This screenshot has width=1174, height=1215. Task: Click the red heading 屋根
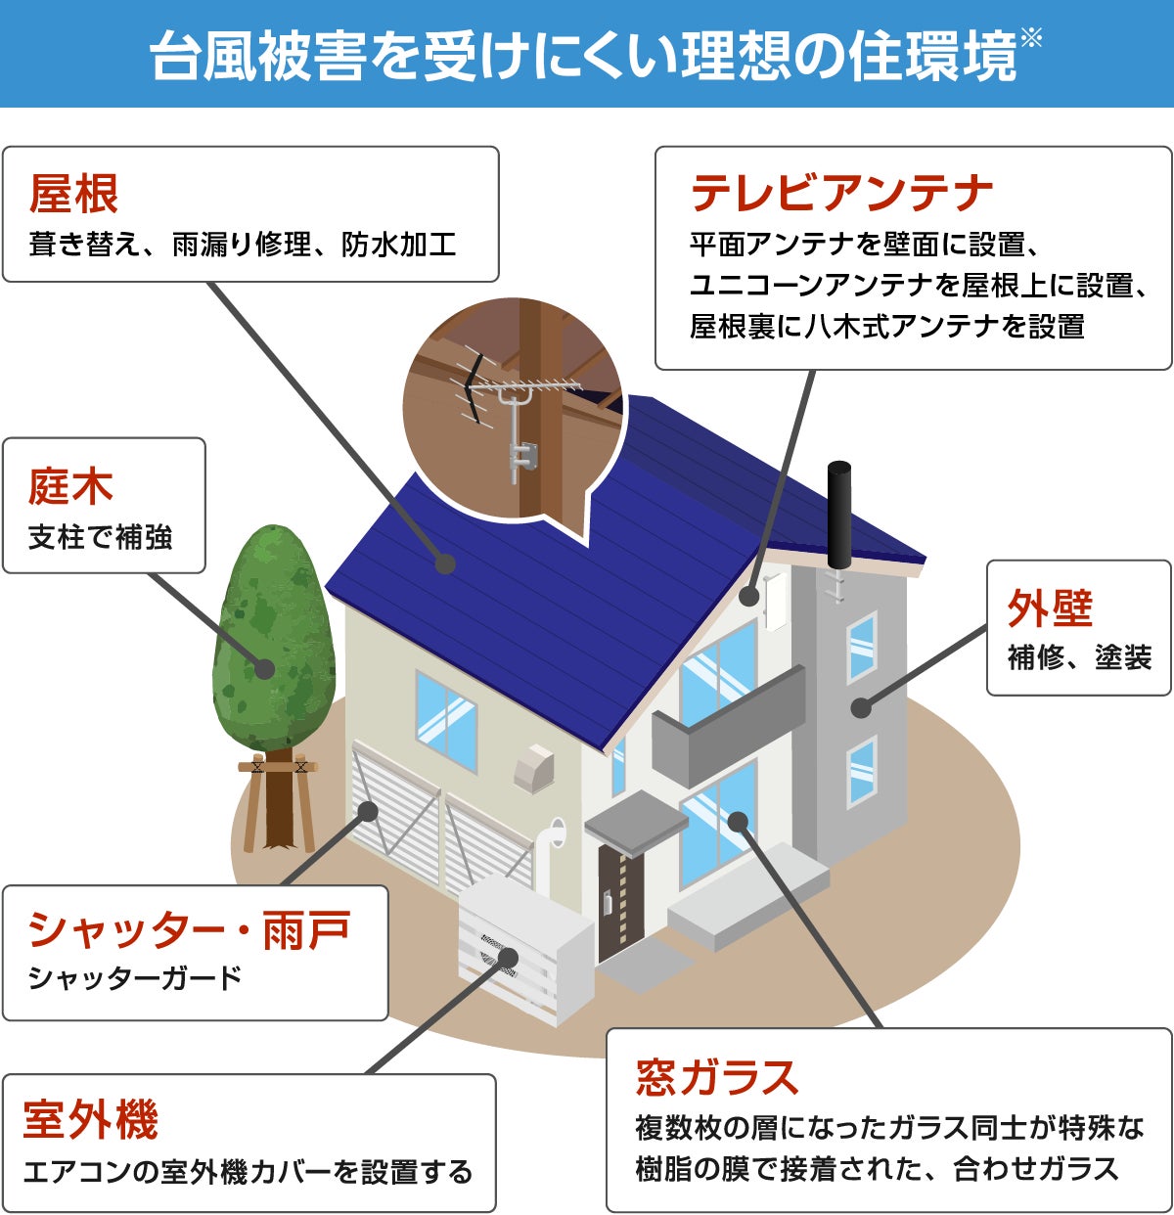pyautogui.click(x=74, y=193)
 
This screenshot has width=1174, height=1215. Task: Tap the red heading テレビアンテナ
pyautogui.click(x=841, y=193)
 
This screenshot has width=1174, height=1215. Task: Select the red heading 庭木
pyautogui.click(x=70, y=486)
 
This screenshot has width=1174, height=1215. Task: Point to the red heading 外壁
pyautogui.click(x=1050, y=608)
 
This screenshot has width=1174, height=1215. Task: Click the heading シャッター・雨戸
pyautogui.click(x=189, y=929)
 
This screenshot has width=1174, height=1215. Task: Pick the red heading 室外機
pyautogui.click(x=91, y=1119)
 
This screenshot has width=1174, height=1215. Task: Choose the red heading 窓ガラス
pyautogui.click(x=717, y=1077)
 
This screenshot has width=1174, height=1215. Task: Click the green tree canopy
pyautogui.click(x=273, y=636)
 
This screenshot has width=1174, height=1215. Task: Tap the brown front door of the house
pyautogui.click(x=619, y=901)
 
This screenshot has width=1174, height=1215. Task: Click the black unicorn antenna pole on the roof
pyautogui.click(x=838, y=514)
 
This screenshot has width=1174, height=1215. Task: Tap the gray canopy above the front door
pyautogui.click(x=636, y=820)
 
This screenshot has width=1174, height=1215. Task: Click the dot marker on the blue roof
pyautogui.click(x=446, y=563)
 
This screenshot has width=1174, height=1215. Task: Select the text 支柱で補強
pyautogui.click(x=101, y=537)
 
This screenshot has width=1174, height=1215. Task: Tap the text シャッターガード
pyautogui.click(x=134, y=977)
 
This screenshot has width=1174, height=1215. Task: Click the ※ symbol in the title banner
pyautogui.click(x=1030, y=39)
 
